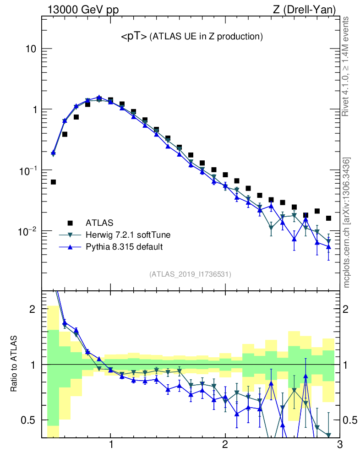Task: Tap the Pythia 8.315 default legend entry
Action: (124, 247)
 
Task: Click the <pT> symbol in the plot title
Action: (134, 37)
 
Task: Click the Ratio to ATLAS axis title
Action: (14, 364)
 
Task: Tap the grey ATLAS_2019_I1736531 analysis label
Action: (190, 274)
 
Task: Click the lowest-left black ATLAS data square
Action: (53, 182)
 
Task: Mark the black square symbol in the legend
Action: (70, 223)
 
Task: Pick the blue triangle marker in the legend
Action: (70, 247)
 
